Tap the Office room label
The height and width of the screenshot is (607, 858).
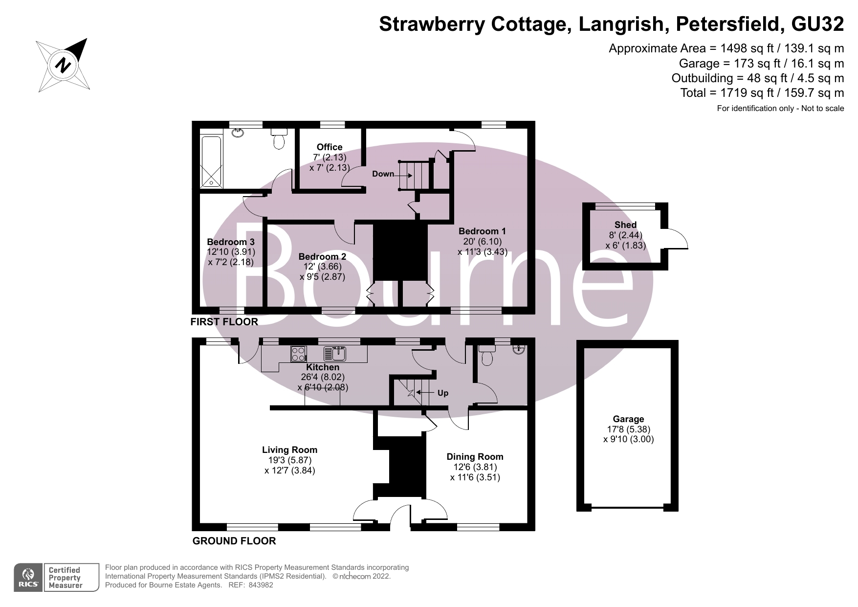point(330,147)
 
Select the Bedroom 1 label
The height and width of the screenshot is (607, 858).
point(482,231)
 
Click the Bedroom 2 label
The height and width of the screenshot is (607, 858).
point(322,257)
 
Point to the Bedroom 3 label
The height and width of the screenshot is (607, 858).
point(231,242)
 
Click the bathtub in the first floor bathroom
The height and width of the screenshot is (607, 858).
point(212,162)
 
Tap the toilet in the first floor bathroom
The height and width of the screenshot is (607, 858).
point(279,139)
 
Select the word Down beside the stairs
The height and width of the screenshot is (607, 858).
point(383,174)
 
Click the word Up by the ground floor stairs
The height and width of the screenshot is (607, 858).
point(443,393)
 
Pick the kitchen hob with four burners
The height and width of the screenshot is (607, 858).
point(298,354)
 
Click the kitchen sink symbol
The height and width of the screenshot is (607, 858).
point(335,353)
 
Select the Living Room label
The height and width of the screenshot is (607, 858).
point(289,450)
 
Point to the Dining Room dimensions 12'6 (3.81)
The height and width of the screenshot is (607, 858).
point(475,467)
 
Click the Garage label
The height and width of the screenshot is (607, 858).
point(628,419)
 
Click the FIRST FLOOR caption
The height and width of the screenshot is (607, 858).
point(224,322)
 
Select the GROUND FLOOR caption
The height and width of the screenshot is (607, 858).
point(234,541)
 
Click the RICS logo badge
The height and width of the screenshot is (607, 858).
point(29,578)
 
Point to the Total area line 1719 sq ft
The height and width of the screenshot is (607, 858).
point(762,93)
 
